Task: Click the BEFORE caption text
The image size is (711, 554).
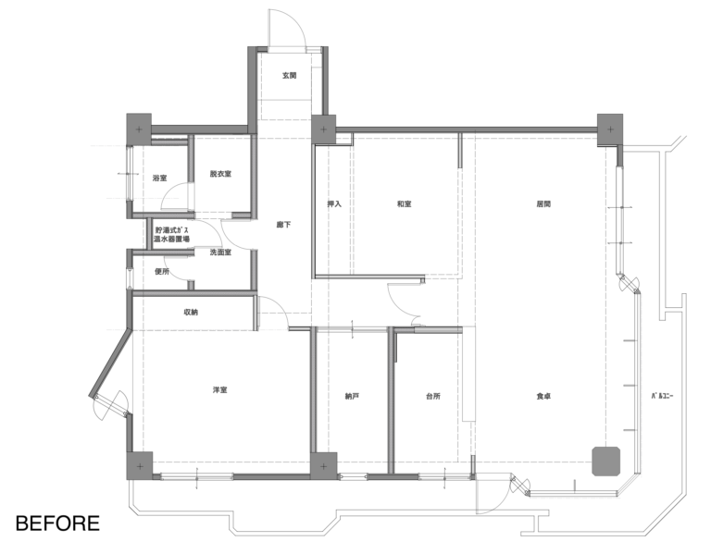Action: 57,523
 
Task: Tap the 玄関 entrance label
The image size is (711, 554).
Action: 289,75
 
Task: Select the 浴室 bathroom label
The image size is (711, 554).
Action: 159,178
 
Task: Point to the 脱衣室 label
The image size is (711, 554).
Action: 221,174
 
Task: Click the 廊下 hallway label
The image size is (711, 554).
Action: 284,225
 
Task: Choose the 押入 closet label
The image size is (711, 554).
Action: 334,203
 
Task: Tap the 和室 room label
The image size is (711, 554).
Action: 405,203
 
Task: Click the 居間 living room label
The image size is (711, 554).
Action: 543,203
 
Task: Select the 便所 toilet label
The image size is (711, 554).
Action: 162,272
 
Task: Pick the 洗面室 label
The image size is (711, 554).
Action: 221,252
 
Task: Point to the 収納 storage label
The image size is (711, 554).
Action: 191,312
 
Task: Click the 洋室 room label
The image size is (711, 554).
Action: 220,390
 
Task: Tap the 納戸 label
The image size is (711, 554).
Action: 353,397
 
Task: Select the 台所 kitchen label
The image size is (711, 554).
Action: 433,397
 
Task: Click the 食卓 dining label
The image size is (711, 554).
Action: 543,397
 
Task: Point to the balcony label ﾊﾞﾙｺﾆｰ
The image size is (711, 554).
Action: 663,396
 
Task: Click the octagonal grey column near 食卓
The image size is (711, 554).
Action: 606,462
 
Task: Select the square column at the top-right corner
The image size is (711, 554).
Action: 610,129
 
